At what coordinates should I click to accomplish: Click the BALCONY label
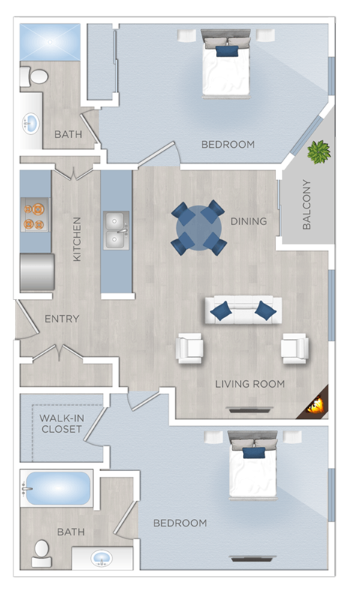(307, 204)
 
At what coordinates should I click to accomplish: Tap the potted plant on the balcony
(319, 152)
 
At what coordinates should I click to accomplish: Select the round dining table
(199, 227)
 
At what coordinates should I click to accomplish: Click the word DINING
(247, 221)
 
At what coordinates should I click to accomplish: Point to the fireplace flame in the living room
(314, 406)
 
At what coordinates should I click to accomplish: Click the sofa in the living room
(243, 309)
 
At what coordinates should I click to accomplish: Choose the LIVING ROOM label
(250, 384)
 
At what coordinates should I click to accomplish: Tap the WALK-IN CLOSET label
(61, 424)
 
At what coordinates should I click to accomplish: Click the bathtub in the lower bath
(56, 490)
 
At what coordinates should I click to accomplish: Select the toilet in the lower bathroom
(40, 551)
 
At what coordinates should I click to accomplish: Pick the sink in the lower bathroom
(101, 559)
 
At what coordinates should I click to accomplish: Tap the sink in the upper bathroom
(31, 122)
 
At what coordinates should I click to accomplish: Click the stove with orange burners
(34, 214)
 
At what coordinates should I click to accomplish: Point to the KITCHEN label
(76, 239)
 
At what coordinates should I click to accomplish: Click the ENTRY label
(61, 319)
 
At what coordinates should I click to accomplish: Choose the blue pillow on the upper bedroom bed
(226, 51)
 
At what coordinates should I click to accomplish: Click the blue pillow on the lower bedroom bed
(253, 452)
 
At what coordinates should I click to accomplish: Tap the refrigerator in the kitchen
(37, 271)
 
